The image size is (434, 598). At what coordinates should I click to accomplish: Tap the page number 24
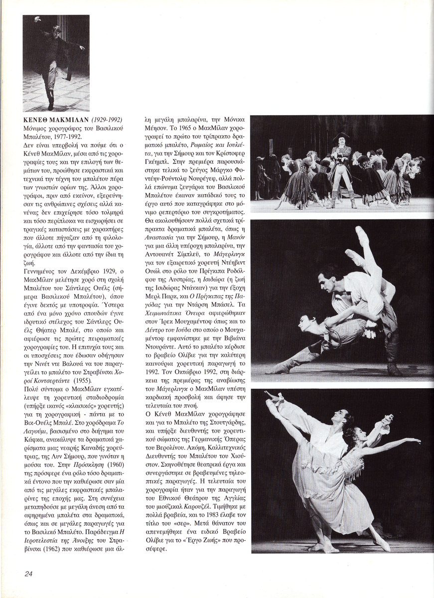click(28, 574)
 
